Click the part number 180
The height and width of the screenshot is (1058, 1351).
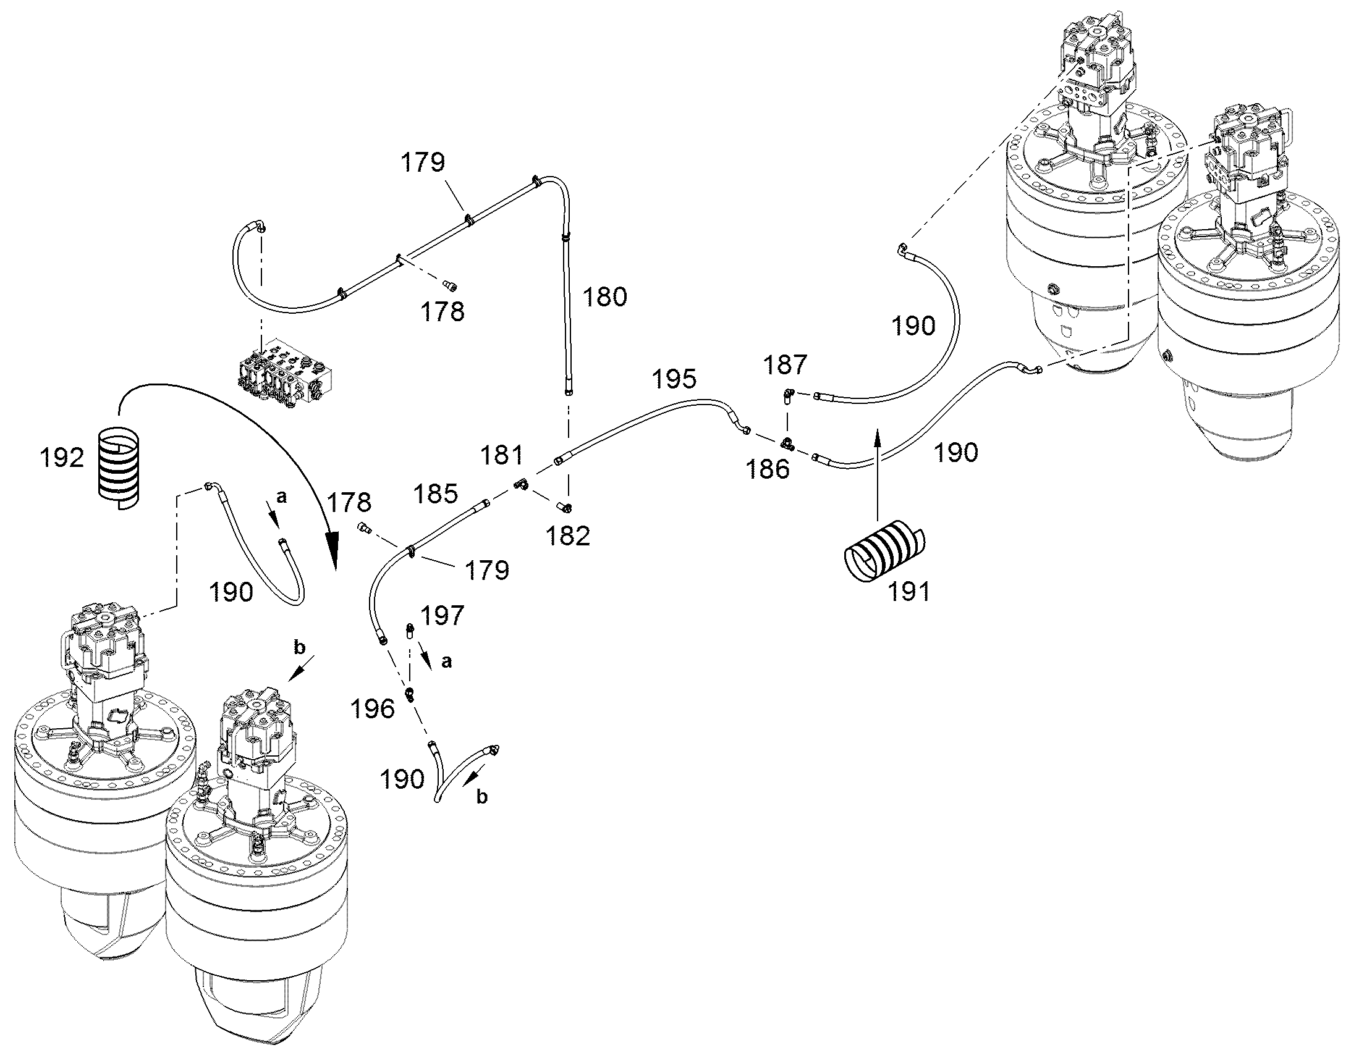pos(604,296)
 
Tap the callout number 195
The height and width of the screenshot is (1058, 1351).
pos(674,379)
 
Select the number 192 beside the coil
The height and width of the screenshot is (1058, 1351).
pos(61,458)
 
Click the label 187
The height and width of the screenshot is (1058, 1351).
pos(785,365)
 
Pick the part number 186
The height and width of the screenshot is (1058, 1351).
pos(767,469)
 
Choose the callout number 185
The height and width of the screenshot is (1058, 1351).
pos(436,493)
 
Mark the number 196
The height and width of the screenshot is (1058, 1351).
pos(373,708)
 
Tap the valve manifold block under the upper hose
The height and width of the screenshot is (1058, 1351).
pos(284,374)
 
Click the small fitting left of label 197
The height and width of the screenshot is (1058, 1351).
pos(410,632)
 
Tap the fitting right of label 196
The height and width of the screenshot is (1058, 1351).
pos(409,693)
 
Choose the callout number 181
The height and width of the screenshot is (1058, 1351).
pos(502,455)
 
